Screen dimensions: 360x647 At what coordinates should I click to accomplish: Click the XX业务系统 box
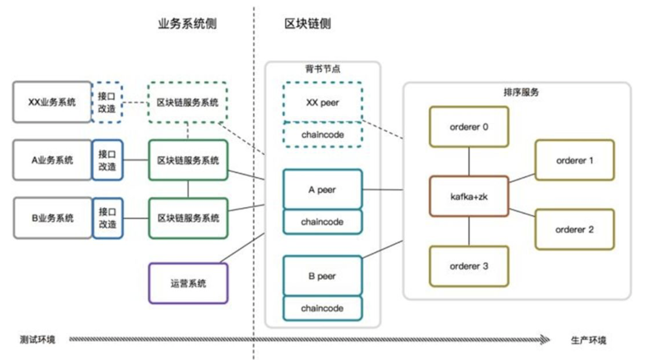tap(52, 102)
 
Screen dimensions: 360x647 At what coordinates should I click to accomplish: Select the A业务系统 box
tap(52, 160)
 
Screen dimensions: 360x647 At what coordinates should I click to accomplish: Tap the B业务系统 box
tap(52, 218)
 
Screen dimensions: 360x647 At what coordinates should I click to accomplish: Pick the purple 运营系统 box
tap(188, 283)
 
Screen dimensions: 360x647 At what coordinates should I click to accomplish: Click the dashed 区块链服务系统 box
tap(188, 102)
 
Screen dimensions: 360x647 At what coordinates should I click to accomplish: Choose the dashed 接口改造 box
tap(107, 102)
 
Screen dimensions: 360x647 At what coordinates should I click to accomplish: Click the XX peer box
tap(323, 102)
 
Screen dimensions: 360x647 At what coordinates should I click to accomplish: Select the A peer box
tap(323, 189)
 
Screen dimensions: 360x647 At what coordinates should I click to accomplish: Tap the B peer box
tap(323, 276)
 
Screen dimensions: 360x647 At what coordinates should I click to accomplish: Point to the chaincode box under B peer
tap(323, 308)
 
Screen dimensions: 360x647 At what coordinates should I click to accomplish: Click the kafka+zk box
tap(469, 196)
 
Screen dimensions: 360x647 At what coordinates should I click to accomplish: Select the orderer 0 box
tap(469, 127)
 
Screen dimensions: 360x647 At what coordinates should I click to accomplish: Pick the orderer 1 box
tap(574, 160)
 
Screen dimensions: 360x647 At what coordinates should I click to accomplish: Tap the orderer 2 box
tap(574, 229)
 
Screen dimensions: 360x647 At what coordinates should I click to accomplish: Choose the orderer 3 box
tap(469, 266)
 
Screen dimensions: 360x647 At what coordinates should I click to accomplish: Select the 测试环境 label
tap(38, 340)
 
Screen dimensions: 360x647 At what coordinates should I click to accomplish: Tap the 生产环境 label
tap(589, 340)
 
